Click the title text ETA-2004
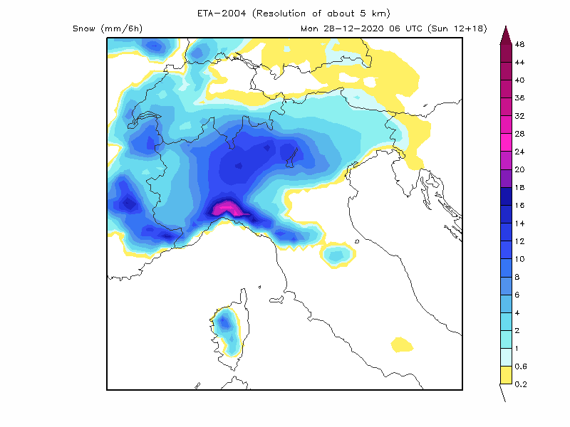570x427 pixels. pos(222,14)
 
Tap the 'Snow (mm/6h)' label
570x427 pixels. pos(107,28)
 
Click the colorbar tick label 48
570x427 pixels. pos(519,44)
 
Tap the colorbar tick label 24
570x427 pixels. pos(519,152)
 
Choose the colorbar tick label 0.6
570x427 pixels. pos(519,366)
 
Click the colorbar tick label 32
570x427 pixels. pos(519,115)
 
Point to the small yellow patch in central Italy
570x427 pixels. pos(403,345)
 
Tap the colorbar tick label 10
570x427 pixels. pos(519,258)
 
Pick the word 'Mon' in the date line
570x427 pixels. pos(310,28)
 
